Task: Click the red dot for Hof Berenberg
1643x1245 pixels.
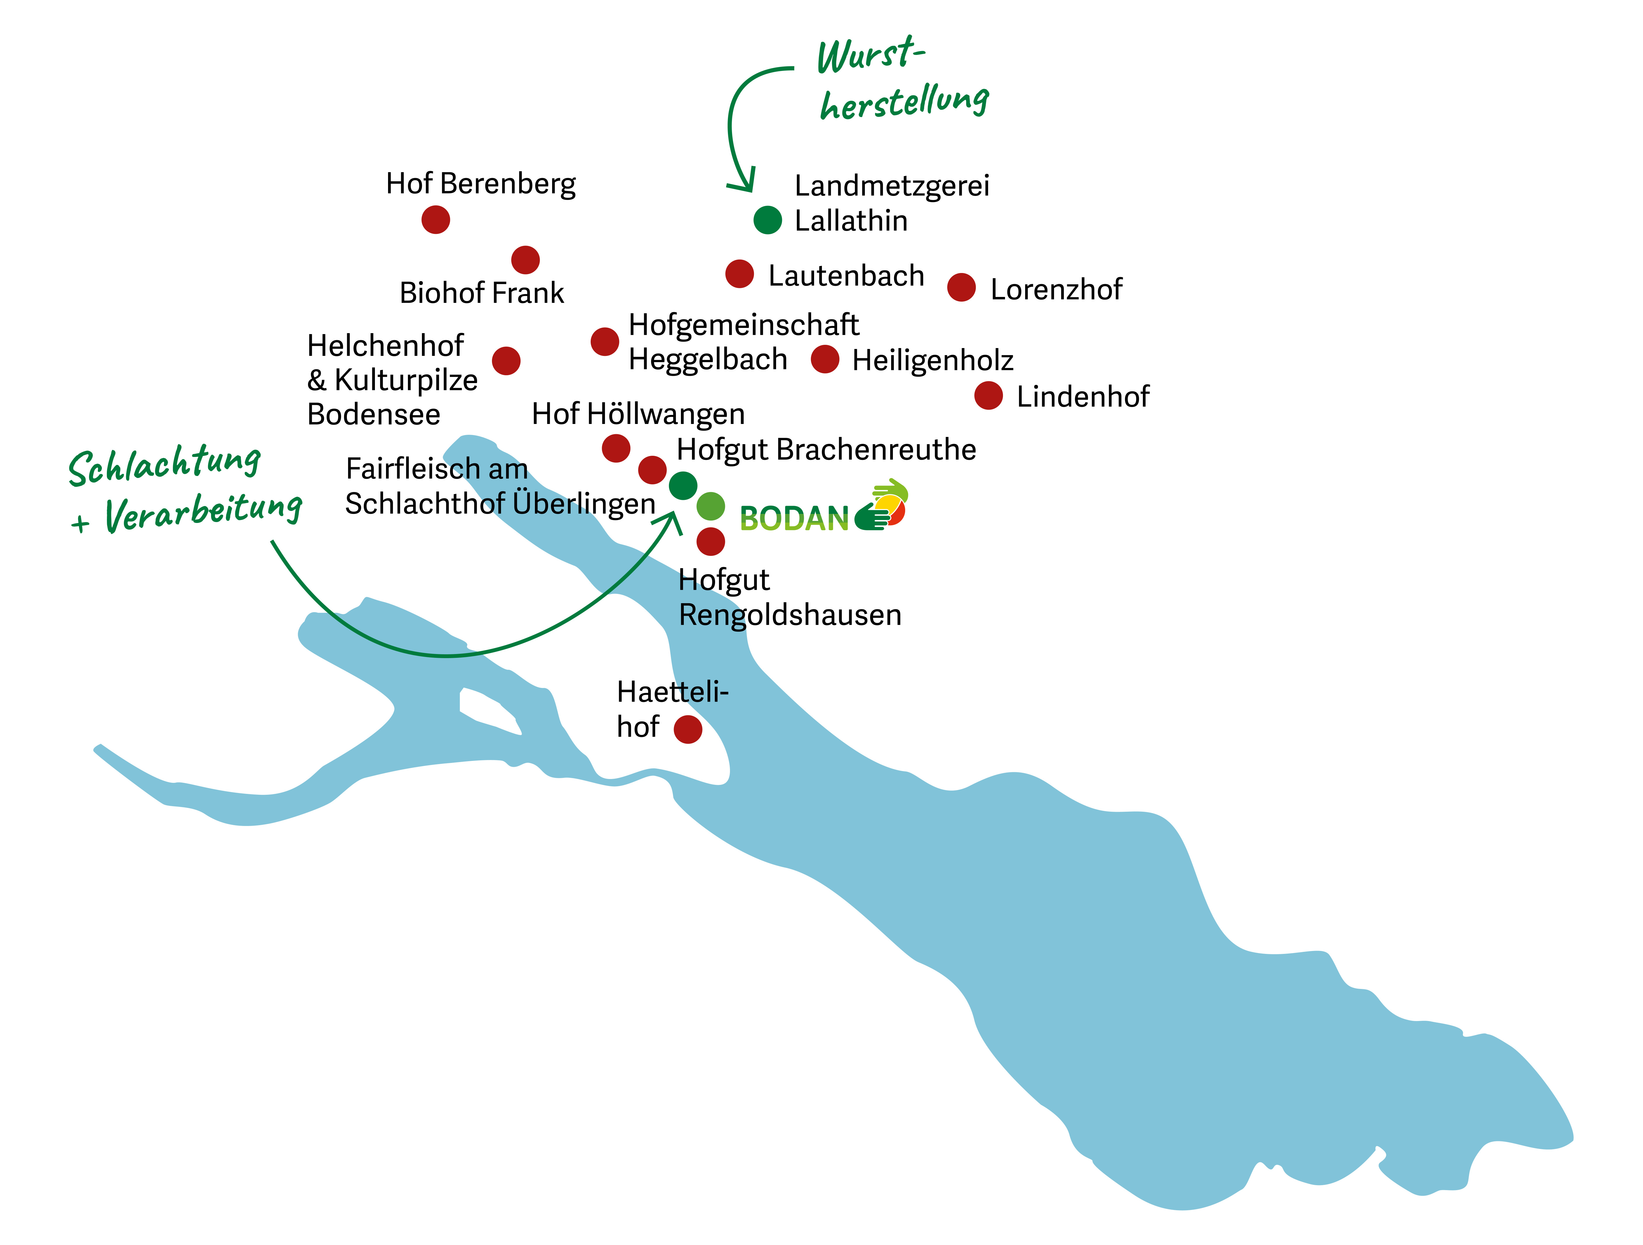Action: (x=435, y=220)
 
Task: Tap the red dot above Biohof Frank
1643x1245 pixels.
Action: (x=525, y=260)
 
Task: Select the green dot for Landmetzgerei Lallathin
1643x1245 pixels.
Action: (x=767, y=220)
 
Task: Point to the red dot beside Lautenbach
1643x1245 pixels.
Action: (x=739, y=274)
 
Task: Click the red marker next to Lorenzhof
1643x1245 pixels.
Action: (x=961, y=288)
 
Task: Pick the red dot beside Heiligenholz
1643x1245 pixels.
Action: (x=825, y=359)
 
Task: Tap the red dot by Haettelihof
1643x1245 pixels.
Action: (x=688, y=729)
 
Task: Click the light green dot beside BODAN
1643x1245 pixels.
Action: (x=710, y=507)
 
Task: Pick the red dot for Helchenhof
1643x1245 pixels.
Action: (x=506, y=361)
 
